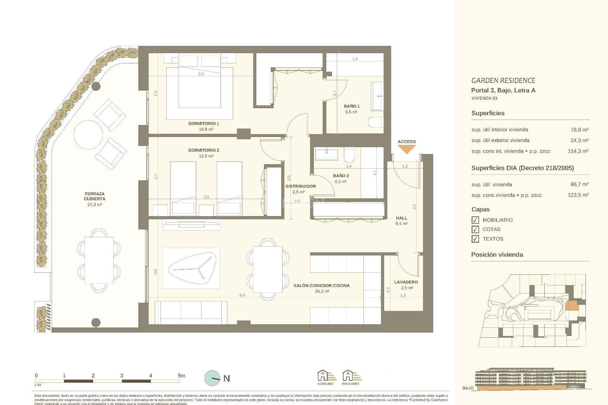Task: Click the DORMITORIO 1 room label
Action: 204,123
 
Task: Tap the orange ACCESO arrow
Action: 407,149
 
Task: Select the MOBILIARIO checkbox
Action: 475,220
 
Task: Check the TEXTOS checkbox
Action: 475,239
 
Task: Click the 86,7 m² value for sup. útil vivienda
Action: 578,184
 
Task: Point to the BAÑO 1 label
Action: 351,106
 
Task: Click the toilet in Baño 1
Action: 376,122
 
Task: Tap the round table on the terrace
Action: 88,134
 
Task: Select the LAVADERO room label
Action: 406,282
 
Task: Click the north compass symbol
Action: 212,378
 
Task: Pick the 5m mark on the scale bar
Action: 181,376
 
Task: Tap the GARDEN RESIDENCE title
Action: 503,80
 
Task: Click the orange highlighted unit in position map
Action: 572,306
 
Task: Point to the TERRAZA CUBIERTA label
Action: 94,196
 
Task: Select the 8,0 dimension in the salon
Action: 242,295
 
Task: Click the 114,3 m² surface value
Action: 578,151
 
